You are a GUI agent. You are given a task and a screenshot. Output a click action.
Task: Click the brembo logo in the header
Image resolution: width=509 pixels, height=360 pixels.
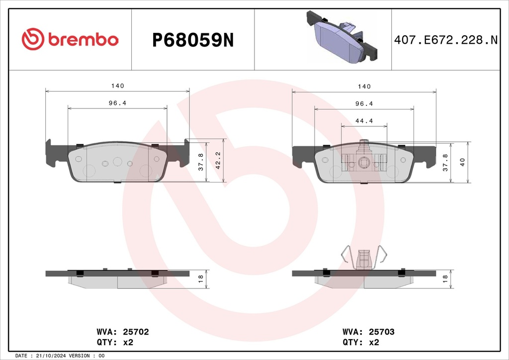coord(70,39)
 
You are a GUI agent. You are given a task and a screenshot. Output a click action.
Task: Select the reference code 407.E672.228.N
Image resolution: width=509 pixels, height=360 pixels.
coord(446,40)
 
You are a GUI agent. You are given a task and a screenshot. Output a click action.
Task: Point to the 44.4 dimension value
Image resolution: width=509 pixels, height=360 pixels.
coord(364,121)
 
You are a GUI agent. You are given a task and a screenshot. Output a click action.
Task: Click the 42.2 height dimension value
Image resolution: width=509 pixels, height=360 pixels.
coord(218,161)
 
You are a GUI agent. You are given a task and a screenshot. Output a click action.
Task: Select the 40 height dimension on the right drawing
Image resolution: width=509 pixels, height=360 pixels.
coord(462,162)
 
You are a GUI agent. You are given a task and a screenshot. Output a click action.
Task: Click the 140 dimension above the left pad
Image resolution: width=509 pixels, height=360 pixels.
coord(117,86)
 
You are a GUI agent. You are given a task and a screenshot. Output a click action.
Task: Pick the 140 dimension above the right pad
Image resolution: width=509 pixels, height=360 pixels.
coord(364,87)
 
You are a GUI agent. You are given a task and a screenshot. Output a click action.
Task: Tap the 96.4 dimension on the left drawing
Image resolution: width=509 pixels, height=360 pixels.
coord(117,103)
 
